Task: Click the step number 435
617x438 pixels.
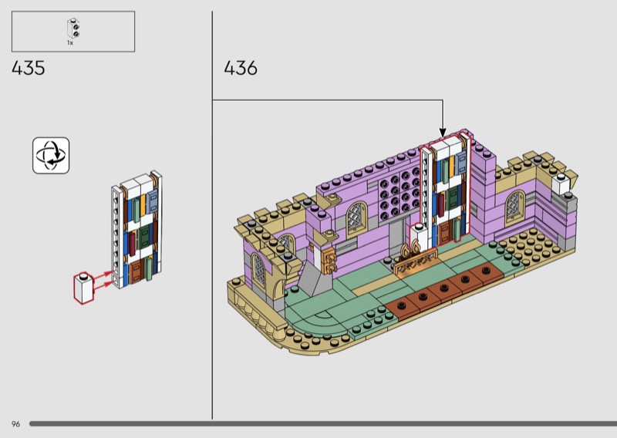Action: pyautogui.click(x=29, y=68)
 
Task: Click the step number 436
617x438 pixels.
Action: pyautogui.click(x=241, y=68)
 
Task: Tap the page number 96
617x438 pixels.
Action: pyautogui.click(x=15, y=424)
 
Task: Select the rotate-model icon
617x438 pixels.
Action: pyautogui.click(x=51, y=156)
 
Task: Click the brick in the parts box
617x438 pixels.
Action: pyautogui.click(x=73, y=29)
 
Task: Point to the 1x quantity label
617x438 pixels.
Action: pyautogui.click(x=70, y=43)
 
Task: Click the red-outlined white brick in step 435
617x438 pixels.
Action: pyautogui.click(x=83, y=288)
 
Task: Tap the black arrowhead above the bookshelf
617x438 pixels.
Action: pyautogui.click(x=443, y=133)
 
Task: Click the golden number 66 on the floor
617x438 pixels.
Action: pyautogui.click(x=410, y=249)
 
